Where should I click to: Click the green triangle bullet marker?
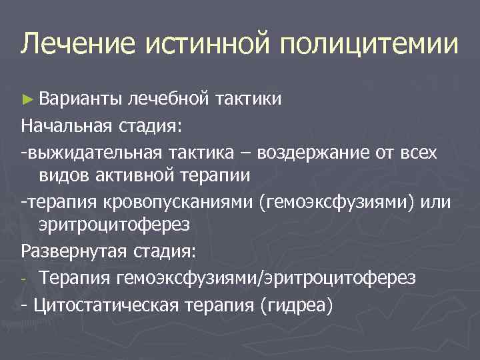pos(26,99)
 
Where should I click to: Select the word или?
pos(437,202)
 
